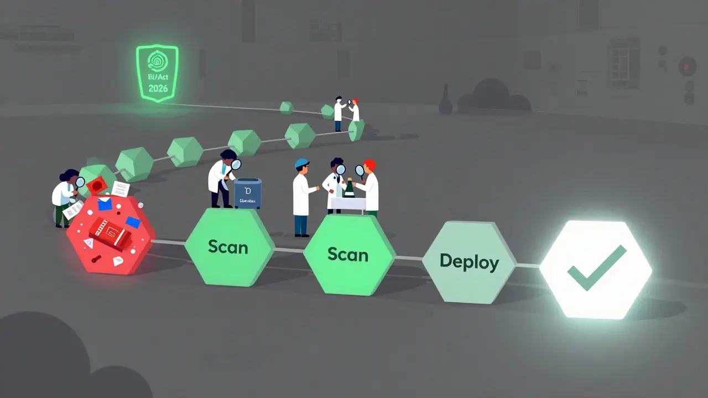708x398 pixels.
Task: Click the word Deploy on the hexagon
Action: coord(469,261)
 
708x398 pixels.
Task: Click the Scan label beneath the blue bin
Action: coord(228,247)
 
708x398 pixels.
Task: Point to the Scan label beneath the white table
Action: coord(348,254)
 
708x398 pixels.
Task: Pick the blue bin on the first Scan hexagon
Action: coord(247,193)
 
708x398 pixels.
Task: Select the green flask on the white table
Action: coord(349,188)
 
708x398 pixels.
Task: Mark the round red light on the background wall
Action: coord(688,66)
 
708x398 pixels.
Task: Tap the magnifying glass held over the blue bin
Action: coord(236,164)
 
